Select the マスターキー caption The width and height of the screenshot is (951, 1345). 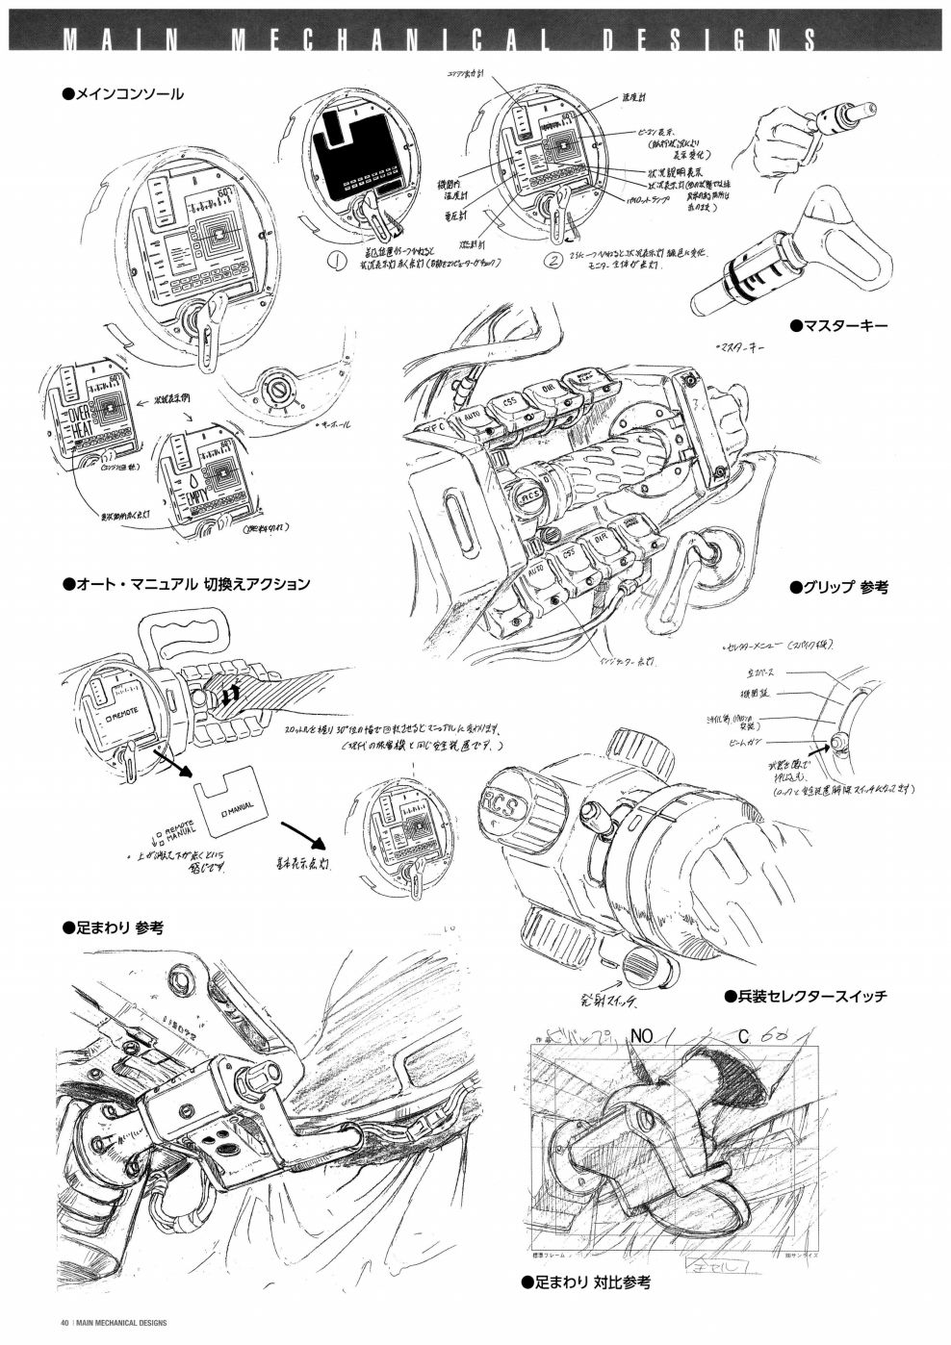click(x=838, y=326)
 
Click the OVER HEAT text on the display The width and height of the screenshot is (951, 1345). click(x=78, y=419)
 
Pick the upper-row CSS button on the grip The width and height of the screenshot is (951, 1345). click(x=510, y=402)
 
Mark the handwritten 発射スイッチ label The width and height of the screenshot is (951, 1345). click(x=606, y=1002)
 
